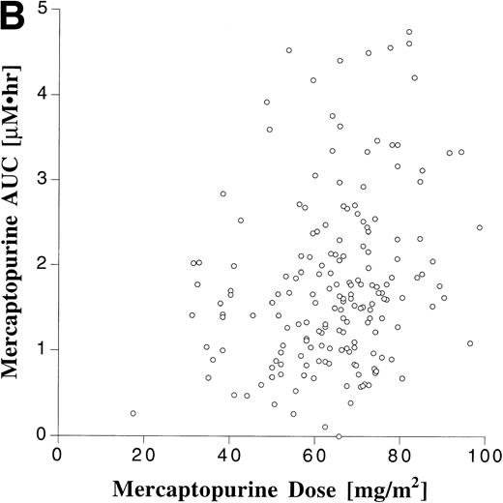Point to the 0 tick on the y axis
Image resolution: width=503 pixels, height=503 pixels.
44,434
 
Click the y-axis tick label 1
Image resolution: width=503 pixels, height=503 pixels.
44,349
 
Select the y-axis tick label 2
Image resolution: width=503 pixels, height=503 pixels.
44,264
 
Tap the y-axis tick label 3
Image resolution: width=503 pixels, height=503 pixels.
44,179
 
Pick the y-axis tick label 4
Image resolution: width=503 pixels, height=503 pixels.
44,94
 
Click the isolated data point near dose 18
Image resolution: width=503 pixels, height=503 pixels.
133,413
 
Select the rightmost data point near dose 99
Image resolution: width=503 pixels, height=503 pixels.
480,227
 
